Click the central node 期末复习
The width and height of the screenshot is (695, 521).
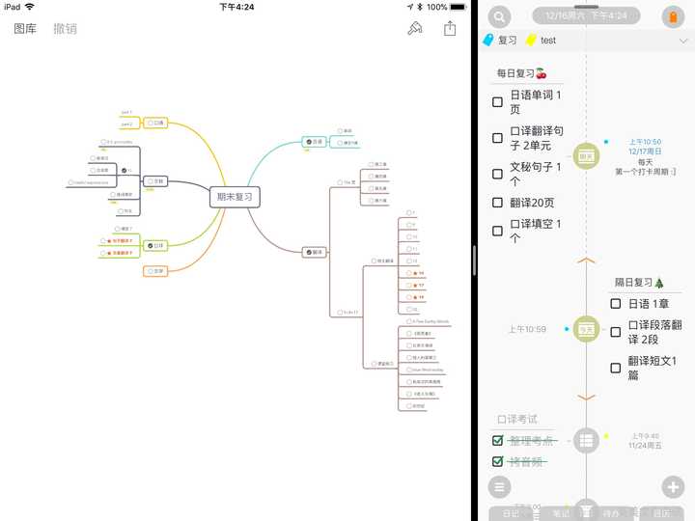(235, 197)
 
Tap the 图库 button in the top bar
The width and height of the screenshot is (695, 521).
(25, 29)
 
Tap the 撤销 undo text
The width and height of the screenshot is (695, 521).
(65, 29)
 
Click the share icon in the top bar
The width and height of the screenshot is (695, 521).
(450, 29)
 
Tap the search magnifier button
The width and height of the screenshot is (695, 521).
(499, 16)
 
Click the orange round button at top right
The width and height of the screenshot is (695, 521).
(673, 16)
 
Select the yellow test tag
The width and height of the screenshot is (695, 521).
(541, 41)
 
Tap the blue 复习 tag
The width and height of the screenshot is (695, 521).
(501, 41)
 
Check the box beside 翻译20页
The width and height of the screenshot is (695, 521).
(497, 203)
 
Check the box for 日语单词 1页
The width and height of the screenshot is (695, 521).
(497, 102)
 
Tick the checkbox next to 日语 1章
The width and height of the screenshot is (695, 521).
(615, 304)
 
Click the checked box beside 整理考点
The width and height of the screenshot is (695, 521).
(498, 441)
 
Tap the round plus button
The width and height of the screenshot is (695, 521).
(673, 486)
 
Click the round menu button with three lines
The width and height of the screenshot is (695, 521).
(499, 486)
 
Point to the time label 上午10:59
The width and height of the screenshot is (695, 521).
(527, 330)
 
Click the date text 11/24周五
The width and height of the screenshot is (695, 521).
(646, 446)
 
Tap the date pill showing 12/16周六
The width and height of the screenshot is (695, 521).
(586, 15)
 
